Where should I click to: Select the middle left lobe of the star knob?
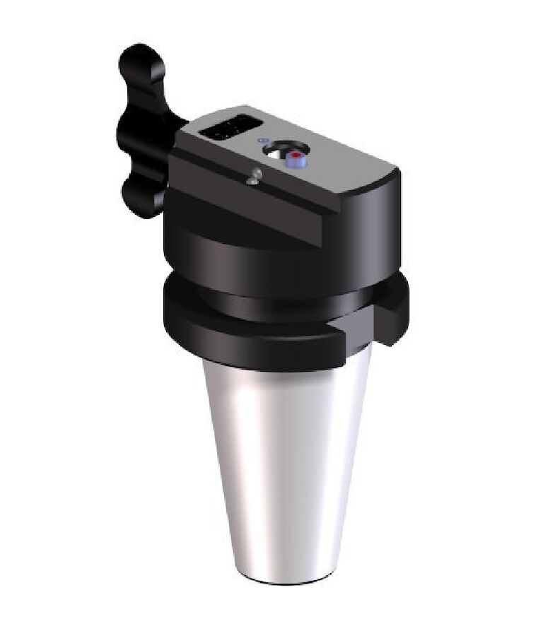pos(128,131)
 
